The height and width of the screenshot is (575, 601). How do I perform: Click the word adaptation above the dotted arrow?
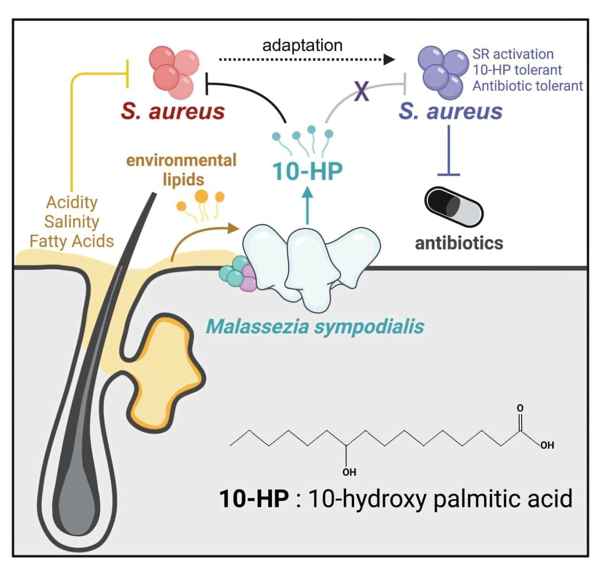[x=302, y=45]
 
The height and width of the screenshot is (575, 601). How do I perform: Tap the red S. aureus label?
[x=173, y=111]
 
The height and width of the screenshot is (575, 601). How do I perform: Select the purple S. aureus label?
[x=450, y=111]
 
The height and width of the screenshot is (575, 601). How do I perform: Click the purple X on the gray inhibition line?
[x=362, y=91]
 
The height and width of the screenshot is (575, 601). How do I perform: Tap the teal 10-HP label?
[x=308, y=171]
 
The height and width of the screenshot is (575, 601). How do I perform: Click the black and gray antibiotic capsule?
[x=453, y=207]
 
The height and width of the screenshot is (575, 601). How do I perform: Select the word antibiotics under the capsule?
[x=459, y=243]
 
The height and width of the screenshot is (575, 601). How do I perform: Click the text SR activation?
[x=513, y=54]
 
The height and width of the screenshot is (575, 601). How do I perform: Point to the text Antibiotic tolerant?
[x=527, y=86]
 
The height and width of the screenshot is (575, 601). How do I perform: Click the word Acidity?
[x=72, y=202]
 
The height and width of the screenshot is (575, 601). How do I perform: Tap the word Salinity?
[x=72, y=222]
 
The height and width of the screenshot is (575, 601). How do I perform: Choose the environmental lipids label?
[x=181, y=169]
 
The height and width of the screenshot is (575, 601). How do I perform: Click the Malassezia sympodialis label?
[x=315, y=326]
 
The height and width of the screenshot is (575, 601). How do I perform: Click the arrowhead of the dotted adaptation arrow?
[x=389, y=60]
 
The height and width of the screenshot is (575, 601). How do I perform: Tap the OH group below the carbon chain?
[x=349, y=472]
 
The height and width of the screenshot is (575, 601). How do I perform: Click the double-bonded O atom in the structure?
[x=520, y=408]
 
